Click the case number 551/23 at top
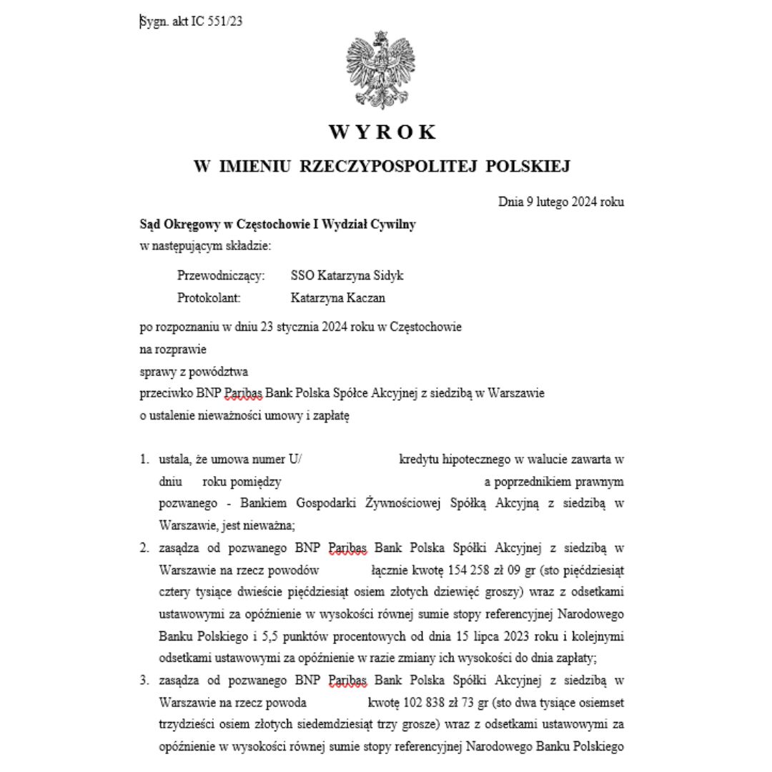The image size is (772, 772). point(225,21)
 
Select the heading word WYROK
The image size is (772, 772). point(382,132)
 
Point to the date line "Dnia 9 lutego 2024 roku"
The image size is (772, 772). point(560,202)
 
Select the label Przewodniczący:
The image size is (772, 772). point(221,275)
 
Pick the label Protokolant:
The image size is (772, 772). point(209,297)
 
